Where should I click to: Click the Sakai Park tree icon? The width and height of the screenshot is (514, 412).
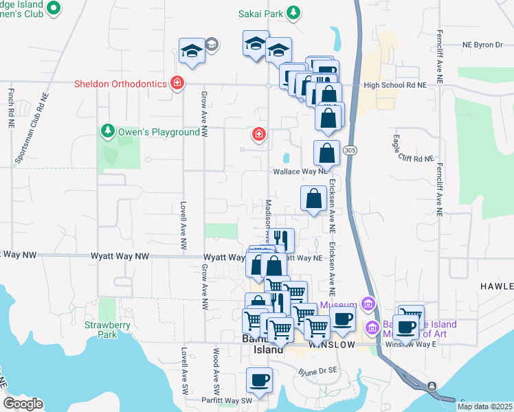pyautogui.click(x=293, y=12)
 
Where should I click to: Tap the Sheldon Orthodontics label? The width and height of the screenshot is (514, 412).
pyautogui.click(x=121, y=84)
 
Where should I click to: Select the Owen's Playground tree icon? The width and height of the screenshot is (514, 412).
pyautogui.click(x=107, y=130)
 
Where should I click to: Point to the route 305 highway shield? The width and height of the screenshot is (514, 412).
pyautogui.click(x=350, y=150)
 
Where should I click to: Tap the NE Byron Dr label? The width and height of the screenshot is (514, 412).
pyautogui.click(x=482, y=45)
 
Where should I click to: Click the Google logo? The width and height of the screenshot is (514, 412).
pyautogui.click(x=23, y=404)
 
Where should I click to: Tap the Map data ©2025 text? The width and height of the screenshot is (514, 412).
pyautogui.click(x=484, y=407)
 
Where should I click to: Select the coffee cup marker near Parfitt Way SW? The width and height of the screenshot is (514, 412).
pyautogui.click(x=260, y=379)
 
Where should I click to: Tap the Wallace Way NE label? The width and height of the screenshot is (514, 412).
pyautogui.click(x=299, y=172)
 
